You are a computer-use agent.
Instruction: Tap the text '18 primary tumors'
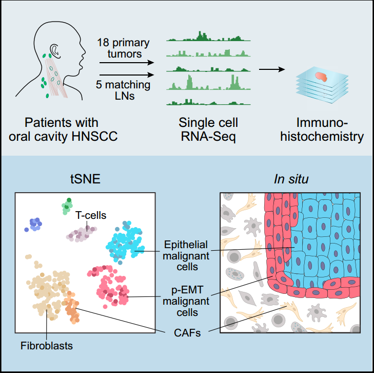pyautogui.click(x=124, y=47)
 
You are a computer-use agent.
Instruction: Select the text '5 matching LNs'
pyautogui.click(x=124, y=89)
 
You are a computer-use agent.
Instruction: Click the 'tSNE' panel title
pyautogui.click(x=85, y=179)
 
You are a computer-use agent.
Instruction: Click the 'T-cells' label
pyautogui.click(x=91, y=215)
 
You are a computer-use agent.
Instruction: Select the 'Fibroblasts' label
pyautogui.click(x=48, y=345)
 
